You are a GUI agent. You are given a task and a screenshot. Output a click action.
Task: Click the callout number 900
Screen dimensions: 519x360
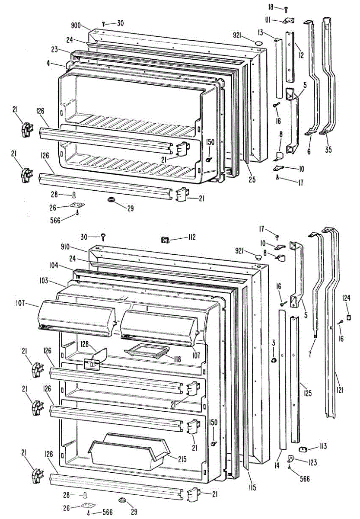coord(76,26)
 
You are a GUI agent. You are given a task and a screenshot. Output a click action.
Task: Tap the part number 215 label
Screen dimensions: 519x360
coord(182,459)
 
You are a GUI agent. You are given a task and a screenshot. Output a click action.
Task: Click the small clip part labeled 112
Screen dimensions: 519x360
coord(165,238)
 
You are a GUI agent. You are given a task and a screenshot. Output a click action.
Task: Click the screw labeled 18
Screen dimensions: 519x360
coord(286,9)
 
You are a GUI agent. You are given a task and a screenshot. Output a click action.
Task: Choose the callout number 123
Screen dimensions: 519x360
coord(313,462)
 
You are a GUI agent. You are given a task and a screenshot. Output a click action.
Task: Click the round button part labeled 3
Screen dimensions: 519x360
coord(273,360)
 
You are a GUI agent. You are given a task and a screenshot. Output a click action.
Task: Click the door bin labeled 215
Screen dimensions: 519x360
coord(128,454)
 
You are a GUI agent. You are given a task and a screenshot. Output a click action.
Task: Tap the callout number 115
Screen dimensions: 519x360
coord(252,488)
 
